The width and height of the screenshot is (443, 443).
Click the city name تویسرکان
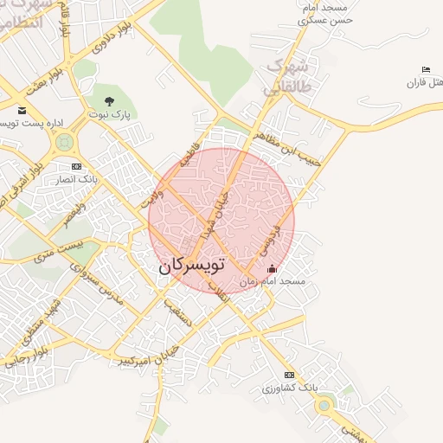coord(190,266)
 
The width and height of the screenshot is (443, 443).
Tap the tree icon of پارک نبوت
coord(108,101)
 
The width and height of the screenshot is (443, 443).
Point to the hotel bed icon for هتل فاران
coord(425,69)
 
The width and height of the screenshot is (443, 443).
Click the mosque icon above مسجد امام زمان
coord(273,269)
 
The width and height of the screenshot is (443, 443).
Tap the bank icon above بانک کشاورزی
coord(289,374)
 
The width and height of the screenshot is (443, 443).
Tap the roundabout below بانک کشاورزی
coord(324,404)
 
